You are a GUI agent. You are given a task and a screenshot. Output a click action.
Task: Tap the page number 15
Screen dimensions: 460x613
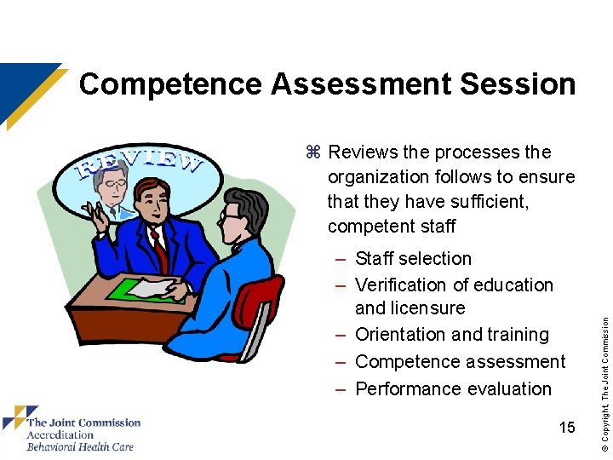tap(567, 427)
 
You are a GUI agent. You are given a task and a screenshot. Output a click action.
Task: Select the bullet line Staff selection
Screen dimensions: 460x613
tap(413, 258)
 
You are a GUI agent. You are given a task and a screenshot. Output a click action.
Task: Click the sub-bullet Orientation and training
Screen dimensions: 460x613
tap(451, 334)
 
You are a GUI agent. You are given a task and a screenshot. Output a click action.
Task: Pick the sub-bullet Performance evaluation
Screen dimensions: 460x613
tap(453, 388)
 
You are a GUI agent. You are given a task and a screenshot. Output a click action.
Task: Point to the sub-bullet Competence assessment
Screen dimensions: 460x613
tap(460, 361)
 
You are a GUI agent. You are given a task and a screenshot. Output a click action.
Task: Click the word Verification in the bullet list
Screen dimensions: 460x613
tap(403, 285)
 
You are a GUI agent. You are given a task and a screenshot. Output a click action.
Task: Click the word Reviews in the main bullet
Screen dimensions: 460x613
tap(364, 152)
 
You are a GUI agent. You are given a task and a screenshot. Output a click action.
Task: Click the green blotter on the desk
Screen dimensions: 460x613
tap(145, 290)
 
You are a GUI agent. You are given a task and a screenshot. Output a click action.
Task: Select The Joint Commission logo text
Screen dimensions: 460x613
tap(83, 422)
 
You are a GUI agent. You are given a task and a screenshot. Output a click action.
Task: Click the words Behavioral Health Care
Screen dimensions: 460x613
tap(79, 446)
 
